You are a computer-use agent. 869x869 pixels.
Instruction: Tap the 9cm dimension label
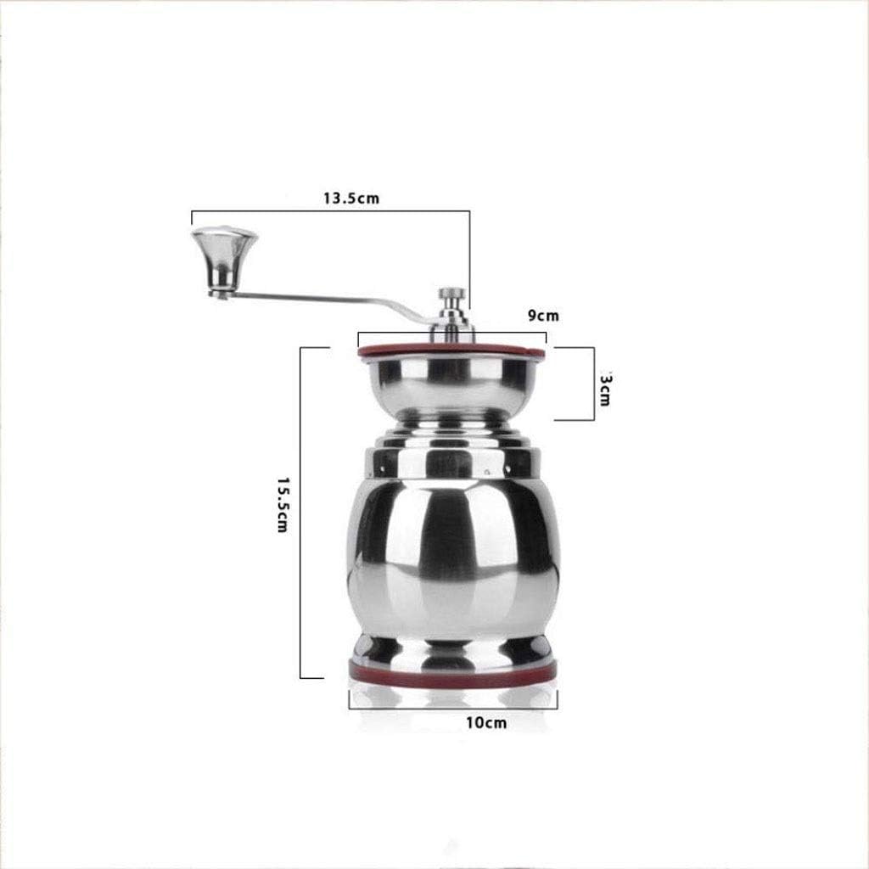pos(543,316)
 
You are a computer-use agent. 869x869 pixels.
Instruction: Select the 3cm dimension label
pos(604,387)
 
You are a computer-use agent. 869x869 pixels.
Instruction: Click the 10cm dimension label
pos(485,723)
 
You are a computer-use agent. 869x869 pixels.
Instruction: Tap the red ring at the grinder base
pos(452,672)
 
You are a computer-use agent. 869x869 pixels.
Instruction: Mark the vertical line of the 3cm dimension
pos(591,382)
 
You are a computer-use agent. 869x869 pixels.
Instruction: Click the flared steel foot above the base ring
pos(452,650)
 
